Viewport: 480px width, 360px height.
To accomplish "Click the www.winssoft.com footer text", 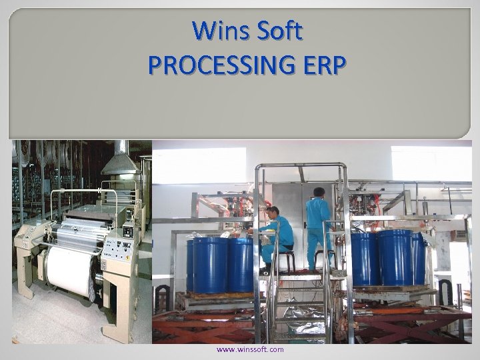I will [x=250, y=349].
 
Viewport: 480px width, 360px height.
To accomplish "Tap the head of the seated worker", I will [x=272, y=213].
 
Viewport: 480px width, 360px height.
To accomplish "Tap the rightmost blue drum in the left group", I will [x=241, y=263].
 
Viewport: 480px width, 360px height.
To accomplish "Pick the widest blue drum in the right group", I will [x=394, y=257].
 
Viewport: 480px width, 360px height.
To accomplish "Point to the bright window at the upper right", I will [x=427, y=163].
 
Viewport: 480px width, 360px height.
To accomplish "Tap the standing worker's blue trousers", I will [x=319, y=247].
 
